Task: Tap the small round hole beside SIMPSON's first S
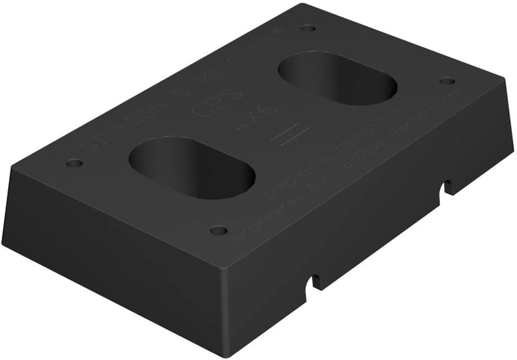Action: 74,163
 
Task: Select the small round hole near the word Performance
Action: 447,81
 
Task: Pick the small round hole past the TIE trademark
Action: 308,28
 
